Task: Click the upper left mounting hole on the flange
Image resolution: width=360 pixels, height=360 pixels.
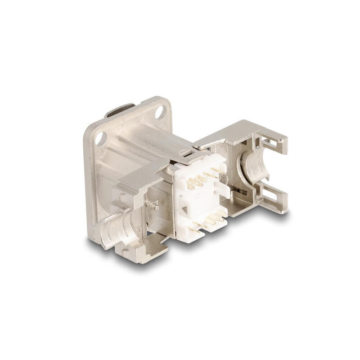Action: point(100,138)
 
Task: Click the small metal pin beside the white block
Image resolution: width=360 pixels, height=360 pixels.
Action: point(156,207)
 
